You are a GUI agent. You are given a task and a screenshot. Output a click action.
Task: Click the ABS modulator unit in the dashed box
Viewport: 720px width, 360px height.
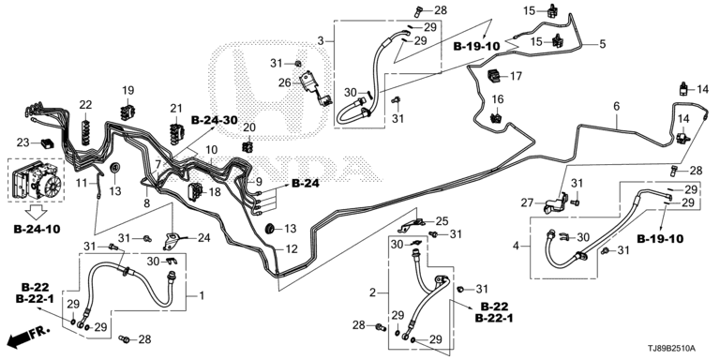tap(37, 179)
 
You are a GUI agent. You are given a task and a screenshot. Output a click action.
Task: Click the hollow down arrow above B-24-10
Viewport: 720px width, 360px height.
tap(36, 212)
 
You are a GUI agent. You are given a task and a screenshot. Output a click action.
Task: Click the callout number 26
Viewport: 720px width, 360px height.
tap(285, 83)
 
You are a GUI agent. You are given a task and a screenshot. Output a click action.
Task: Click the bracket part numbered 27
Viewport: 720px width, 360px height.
tap(556, 203)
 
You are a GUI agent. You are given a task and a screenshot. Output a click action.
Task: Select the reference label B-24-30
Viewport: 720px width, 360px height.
tap(215, 120)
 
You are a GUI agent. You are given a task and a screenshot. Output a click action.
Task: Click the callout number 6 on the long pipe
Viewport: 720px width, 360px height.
tap(616, 107)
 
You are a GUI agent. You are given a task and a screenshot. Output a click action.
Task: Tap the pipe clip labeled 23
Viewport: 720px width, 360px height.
tap(47, 143)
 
